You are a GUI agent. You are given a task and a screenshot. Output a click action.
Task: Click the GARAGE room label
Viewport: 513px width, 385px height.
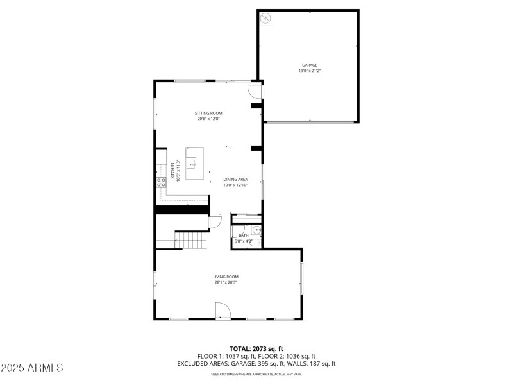(x=310, y=65)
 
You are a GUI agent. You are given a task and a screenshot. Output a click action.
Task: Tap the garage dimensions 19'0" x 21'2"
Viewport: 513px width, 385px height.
(x=310, y=71)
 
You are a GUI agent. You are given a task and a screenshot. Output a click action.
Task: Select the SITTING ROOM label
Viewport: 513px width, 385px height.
(x=208, y=113)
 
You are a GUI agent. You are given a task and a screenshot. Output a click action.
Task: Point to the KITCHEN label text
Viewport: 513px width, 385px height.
(x=172, y=169)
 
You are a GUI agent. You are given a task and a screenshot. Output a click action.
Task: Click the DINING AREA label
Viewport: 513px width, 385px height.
(x=235, y=179)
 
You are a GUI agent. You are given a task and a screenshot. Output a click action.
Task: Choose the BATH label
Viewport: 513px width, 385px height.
(x=244, y=235)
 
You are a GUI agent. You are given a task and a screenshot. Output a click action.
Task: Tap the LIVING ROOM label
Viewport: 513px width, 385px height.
(x=226, y=277)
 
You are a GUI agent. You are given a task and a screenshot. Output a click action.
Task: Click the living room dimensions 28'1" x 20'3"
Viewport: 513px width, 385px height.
(x=226, y=282)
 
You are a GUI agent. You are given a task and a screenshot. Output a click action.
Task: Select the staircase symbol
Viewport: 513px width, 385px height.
(x=192, y=241)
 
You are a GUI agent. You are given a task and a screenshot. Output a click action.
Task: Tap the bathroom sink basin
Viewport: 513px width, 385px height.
(x=256, y=230)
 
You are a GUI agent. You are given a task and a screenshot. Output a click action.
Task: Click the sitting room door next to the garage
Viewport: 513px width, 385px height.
(x=255, y=91)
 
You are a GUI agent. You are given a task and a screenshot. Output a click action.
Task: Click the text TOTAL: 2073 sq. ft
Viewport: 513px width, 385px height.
(x=256, y=348)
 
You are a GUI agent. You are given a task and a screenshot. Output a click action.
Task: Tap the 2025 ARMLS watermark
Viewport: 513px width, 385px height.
(x=32, y=368)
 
